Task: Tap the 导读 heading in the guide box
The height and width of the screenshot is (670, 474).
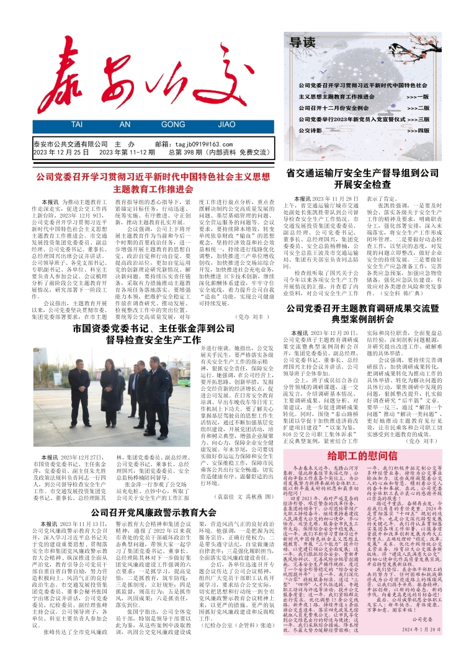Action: [x=304, y=43]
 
